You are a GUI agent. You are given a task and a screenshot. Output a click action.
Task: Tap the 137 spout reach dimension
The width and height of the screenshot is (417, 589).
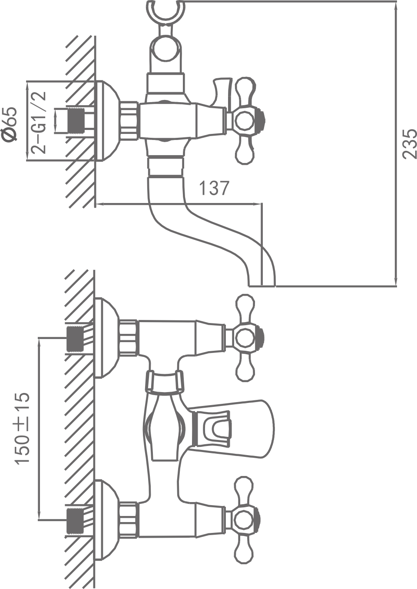click(213, 188)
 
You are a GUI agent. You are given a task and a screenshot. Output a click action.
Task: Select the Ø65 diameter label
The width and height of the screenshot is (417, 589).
click(10, 123)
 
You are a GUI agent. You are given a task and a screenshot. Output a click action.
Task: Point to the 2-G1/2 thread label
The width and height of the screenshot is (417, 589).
click(39, 122)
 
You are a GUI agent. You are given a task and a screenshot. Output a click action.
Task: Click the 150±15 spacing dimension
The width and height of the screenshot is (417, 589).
click(23, 428)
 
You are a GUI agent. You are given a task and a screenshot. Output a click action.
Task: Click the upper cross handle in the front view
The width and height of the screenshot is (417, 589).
click(245, 337)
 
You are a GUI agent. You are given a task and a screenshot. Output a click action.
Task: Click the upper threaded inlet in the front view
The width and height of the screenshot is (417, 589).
click(75, 338)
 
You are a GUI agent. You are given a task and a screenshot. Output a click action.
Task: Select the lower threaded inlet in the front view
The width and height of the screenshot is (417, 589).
click(75, 520)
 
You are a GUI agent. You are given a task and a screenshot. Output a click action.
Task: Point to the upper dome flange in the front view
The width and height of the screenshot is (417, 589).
click(106, 338)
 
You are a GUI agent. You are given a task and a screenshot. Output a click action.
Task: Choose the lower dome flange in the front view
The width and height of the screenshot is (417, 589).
click(106, 519)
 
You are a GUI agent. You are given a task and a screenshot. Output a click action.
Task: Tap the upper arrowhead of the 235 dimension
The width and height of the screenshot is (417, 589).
click(396, 6)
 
